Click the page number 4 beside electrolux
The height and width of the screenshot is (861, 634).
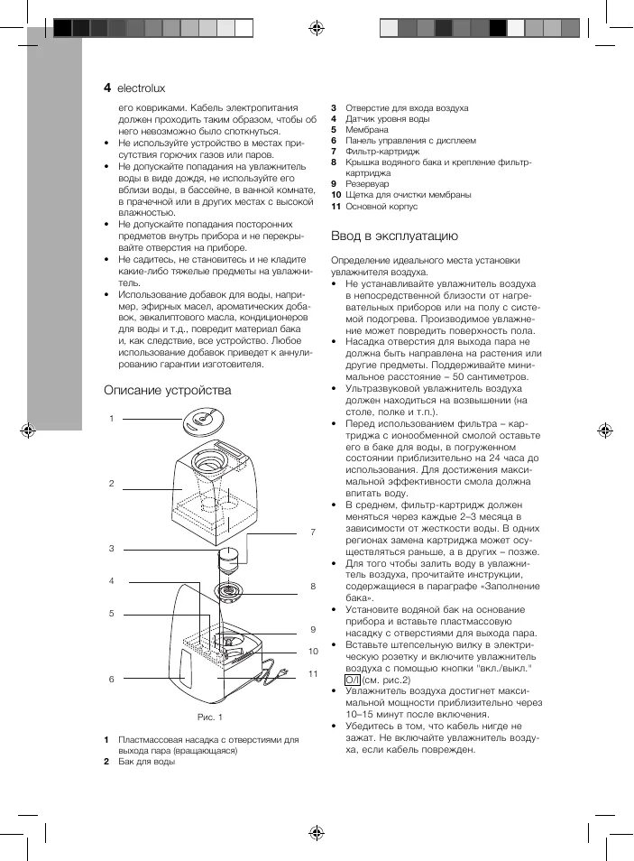[107, 88]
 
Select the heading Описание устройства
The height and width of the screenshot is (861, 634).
[167, 390]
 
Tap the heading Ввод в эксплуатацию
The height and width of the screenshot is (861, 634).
[395, 236]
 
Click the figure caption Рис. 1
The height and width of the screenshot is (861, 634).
[209, 717]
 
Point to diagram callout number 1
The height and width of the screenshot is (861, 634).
[111, 418]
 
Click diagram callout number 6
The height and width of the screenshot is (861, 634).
[111, 678]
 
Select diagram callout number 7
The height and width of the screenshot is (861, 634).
[313, 532]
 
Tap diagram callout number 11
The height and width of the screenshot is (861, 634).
[313, 673]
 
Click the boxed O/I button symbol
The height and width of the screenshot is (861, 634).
[353, 680]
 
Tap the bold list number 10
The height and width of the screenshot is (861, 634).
[335, 195]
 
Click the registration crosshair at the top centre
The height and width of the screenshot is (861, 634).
[317, 27]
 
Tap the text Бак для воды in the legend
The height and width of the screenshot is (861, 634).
[146, 762]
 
